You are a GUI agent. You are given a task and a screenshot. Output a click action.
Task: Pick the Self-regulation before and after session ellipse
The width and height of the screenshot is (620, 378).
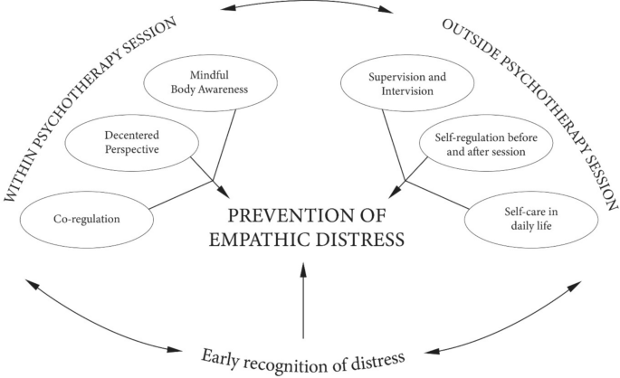[x=485, y=145]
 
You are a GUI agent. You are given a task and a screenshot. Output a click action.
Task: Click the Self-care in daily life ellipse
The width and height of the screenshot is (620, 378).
[x=532, y=218]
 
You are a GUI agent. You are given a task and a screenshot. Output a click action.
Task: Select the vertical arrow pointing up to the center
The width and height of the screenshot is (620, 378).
[x=305, y=298]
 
